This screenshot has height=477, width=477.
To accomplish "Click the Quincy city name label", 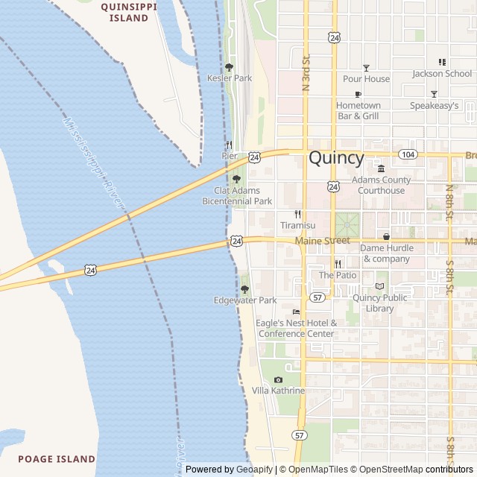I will point(336,158).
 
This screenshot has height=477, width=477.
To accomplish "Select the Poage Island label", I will point(57,459).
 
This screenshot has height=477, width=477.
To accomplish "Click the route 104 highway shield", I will point(407,154).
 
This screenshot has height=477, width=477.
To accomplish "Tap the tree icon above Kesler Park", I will point(229,67).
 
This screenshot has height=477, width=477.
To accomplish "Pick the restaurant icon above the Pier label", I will point(229,145).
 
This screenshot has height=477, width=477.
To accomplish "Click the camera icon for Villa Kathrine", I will point(278,380).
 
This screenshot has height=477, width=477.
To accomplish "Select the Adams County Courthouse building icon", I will point(381,168).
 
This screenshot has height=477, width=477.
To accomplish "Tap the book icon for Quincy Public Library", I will point(380,286).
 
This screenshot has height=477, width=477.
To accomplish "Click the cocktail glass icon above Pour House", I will point(366,68).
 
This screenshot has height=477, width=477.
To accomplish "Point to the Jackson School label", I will point(442,74).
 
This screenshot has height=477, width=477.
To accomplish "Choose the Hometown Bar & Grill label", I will point(358,110).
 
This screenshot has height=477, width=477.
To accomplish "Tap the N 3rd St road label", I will point(306,73).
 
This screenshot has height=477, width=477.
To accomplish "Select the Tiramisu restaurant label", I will point(297,225).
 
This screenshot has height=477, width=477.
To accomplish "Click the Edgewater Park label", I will point(244,300).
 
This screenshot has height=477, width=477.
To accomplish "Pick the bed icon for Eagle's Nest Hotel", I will point(296,312).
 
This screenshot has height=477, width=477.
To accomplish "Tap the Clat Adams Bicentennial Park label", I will point(238,195).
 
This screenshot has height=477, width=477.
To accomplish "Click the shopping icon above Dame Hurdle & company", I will point(386,236).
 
